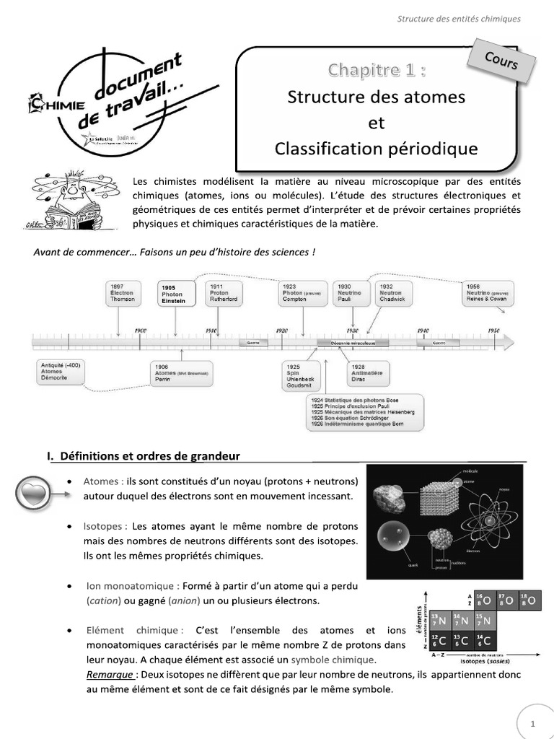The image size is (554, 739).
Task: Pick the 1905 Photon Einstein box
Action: click(176, 294)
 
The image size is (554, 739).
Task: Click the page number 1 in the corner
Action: click(532, 723)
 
